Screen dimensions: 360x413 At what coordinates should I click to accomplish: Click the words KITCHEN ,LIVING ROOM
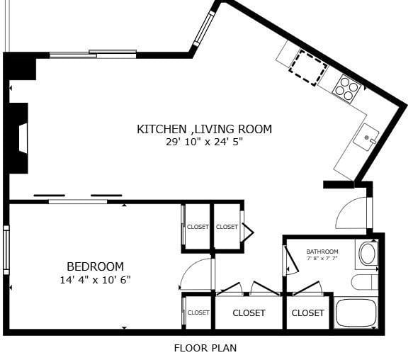(x=204, y=129)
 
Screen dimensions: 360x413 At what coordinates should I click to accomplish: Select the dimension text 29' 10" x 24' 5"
(x=204, y=142)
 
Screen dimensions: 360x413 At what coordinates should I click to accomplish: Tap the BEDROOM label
(x=95, y=266)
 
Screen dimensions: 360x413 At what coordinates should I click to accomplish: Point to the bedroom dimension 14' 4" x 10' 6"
(x=95, y=280)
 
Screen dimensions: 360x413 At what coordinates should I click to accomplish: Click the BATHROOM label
(x=322, y=252)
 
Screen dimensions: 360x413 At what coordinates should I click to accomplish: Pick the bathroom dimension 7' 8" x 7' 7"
(x=322, y=259)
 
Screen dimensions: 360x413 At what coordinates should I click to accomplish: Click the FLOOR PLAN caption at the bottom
(x=205, y=348)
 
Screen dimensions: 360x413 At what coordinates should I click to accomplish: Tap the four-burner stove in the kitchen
(x=347, y=86)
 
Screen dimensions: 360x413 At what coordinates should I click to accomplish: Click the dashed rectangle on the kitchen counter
(x=307, y=67)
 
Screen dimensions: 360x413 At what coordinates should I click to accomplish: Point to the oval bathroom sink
(x=368, y=254)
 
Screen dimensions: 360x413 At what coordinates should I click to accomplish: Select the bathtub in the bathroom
(x=356, y=313)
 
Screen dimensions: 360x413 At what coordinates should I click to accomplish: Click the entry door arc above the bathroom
(x=352, y=213)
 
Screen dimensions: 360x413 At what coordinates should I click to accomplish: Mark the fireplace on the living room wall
(x=18, y=138)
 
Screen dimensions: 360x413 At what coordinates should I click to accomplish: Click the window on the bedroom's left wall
(x=6, y=249)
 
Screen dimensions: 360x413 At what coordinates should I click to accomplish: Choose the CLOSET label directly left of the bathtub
(x=307, y=313)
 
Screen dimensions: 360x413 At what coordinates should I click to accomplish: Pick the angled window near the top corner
(x=203, y=28)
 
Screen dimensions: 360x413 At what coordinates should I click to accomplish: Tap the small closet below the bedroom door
(x=198, y=312)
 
